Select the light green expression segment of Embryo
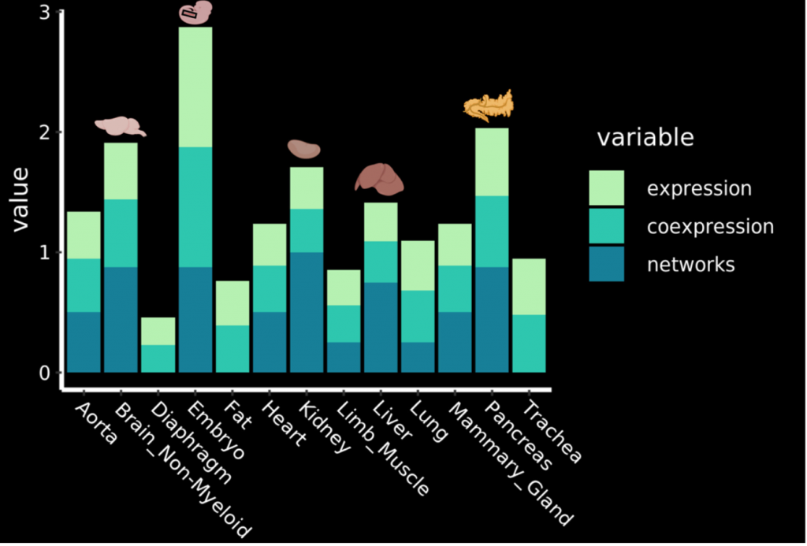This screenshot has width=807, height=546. pyautogui.click(x=195, y=87)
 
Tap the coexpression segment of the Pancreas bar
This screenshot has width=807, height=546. pyautogui.click(x=492, y=232)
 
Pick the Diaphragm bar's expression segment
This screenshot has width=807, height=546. pyautogui.click(x=158, y=331)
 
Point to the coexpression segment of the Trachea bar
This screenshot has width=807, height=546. pyautogui.click(x=529, y=344)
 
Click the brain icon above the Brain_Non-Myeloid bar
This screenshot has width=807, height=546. pyautogui.click(x=120, y=125)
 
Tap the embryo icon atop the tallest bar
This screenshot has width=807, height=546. pyautogui.click(x=195, y=12)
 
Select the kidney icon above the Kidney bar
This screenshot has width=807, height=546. pyautogui.click(x=303, y=148)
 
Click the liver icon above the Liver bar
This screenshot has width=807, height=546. pyautogui.click(x=379, y=179)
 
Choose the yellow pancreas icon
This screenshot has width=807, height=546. pyautogui.click(x=489, y=105)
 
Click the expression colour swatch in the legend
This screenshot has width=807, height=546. pyautogui.click(x=606, y=188)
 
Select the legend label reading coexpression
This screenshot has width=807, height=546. pyautogui.click(x=709, y=227)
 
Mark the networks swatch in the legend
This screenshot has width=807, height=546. pyautogui.click(x=606, y=264)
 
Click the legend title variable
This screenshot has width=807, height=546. pyautogui.click(x=645, y=138)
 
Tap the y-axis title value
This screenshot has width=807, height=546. pyautogui.click(x=20, y=198)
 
